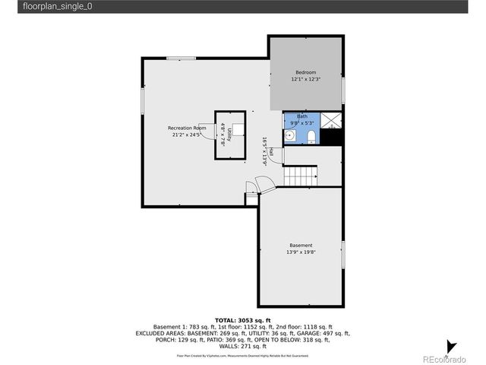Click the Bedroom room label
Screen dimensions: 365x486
306,72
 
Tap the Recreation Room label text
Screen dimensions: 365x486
187,128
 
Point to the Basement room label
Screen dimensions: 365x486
301,245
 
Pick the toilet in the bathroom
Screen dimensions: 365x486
311,137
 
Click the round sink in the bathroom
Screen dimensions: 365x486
291,137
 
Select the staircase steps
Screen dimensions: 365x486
301,176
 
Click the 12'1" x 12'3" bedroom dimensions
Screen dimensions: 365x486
306,79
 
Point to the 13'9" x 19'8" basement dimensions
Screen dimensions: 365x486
301,252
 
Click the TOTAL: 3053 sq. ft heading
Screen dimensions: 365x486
243,320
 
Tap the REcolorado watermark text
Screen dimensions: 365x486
445,358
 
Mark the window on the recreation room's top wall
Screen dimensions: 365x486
181,59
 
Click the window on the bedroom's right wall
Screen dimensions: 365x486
343,90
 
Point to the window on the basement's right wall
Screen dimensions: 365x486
343,253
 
